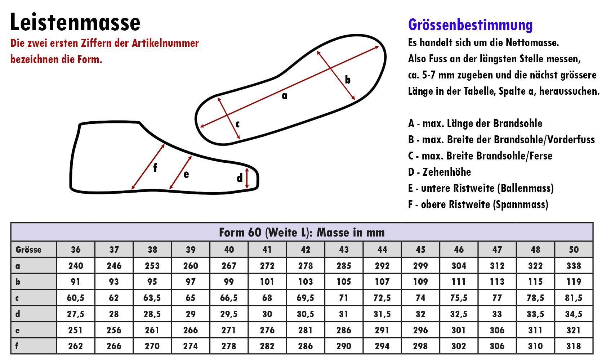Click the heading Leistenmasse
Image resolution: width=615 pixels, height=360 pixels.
point(75,22)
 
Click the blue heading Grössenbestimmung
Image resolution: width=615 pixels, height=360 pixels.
point(470,25)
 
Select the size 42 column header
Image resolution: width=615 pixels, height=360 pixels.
point(305,249)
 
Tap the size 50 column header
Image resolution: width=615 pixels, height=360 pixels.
point(574,249)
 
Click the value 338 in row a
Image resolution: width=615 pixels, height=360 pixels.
point(574,266)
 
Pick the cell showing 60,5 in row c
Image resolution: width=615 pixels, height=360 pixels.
point(75,298)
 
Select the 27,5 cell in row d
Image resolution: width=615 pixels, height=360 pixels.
point(75,314)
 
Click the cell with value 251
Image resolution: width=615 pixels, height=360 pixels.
point(75,330)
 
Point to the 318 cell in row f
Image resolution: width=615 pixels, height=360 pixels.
point(574,346)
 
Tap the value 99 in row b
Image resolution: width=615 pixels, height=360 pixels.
point(229,282)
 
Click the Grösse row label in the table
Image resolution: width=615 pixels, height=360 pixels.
point(28,249)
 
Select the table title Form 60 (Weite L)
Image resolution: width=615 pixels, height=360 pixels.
point(302,233)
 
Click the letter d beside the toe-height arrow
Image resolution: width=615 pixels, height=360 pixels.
point(240,178)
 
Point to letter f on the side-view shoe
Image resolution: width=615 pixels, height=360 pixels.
point(155,168)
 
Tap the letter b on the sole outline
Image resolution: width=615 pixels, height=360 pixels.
point(347,80)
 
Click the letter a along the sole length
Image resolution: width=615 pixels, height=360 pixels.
point(285,96)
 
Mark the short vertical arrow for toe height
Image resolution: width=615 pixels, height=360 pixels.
point(247,178)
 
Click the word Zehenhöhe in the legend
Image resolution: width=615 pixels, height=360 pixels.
point(446,172)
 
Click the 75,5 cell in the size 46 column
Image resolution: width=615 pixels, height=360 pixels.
point(459,298)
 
